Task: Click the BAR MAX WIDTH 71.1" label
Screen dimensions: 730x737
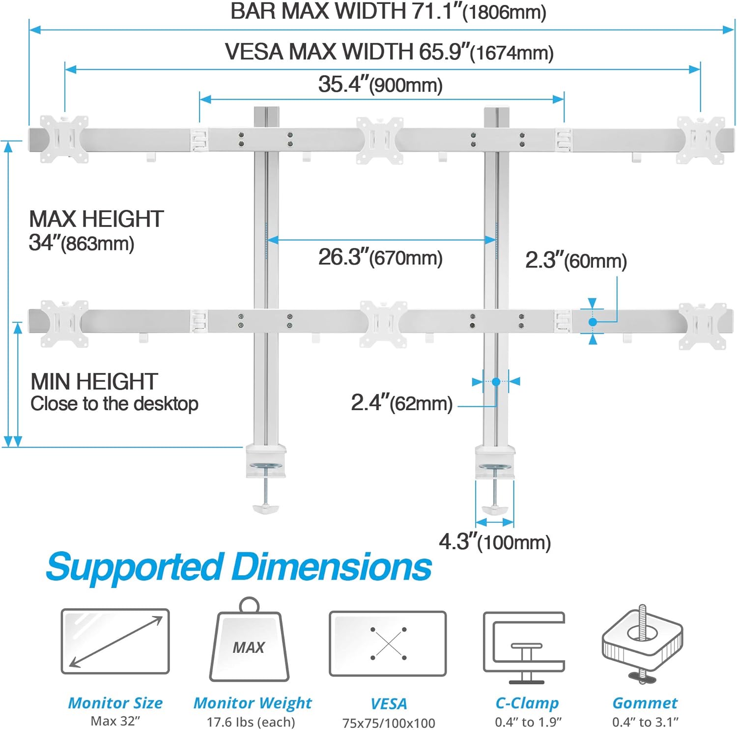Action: tap(388, 12)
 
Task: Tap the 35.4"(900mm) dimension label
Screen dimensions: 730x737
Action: tap(380, 84)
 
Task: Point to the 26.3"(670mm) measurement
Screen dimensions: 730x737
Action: tap(380, 257)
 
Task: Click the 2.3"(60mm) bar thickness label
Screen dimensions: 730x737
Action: tap(576, 260)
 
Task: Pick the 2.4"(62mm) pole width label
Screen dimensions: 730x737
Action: tap(401, 403)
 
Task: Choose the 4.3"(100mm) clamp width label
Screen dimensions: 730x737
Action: tap(495, 542)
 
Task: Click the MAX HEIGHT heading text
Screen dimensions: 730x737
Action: tap(96, 219)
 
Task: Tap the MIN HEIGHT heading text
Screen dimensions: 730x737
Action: tap(94, 382)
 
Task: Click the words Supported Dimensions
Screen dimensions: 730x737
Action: tap(239, 567)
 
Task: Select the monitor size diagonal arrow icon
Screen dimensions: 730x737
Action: tap(115, 641)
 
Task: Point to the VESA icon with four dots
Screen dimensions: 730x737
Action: tap(388, 644)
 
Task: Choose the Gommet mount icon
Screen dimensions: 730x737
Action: tap(643, 644)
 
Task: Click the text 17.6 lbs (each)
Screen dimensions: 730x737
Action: tap(251, 722)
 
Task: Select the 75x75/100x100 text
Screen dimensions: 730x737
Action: tap(389, 723)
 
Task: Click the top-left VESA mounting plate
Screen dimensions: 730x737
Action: tap(64, 139)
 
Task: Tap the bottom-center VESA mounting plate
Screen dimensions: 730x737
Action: tap(383, 324)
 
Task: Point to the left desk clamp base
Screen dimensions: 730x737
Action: tap(266, 462)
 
